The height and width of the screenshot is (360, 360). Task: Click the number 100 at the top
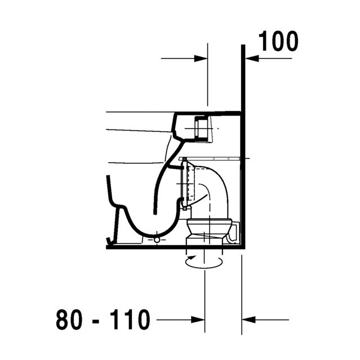278,41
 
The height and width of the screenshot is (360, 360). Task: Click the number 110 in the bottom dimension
129,319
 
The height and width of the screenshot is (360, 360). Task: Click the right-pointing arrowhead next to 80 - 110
198,319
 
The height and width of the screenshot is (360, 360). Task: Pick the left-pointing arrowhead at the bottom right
248,319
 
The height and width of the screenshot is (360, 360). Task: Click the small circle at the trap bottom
156,240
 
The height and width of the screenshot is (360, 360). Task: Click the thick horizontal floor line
175,247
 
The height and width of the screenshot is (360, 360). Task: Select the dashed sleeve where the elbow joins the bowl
184,183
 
